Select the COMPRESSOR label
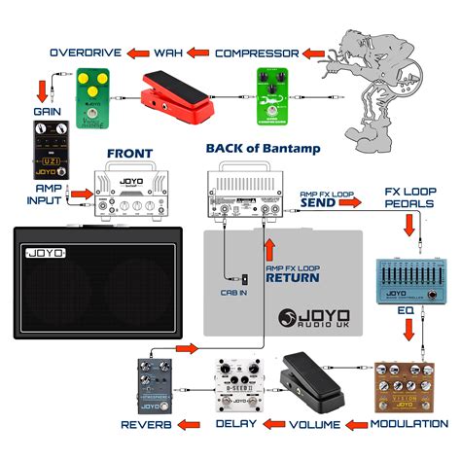click(x=257, y=51)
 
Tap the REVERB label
click(x=148, y=425)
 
